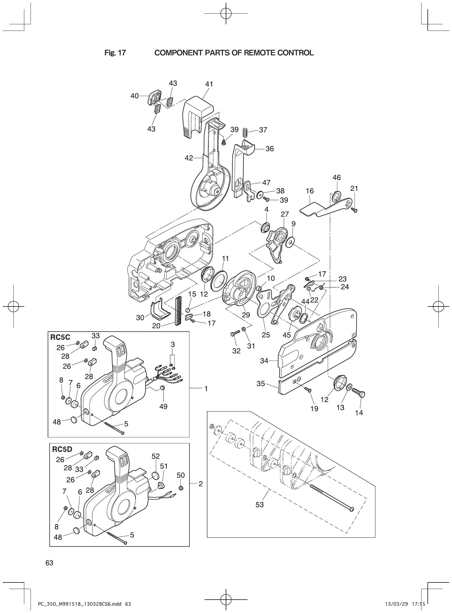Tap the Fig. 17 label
point(115,53)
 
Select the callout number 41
point(209,84)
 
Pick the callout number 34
point(264,361)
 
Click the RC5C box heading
point(60,337)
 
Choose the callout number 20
point(156,326)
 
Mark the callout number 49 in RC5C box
point(163,407)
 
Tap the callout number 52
point(156,456)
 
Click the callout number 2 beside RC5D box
point(201,484)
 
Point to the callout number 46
point(336,178)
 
